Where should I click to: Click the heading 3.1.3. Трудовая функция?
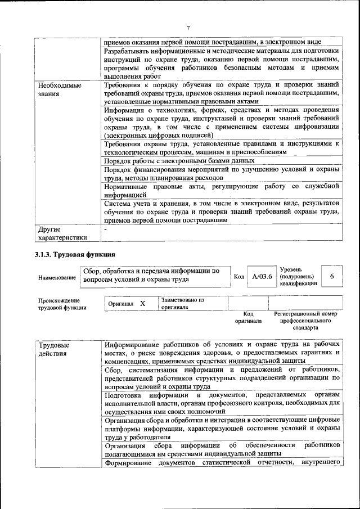(71, 254)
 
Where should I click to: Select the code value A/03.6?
(262, 276)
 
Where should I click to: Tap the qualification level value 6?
(332, 276)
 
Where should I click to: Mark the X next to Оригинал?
(143, 304)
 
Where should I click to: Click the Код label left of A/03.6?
(238, 277)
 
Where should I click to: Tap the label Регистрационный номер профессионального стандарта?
(305, 320)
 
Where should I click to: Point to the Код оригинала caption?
(248, 317)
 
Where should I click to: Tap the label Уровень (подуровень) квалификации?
(298, 276)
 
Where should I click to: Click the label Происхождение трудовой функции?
(62, 304)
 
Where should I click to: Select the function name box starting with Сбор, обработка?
(154, 275)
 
